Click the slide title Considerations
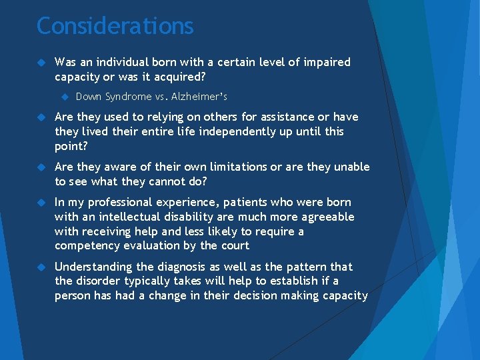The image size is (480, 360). pyautogui.click(x=115, y=26)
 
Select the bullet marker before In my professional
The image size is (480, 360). pyautogui.click(x=42, y=202)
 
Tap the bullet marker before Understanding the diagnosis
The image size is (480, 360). pyautogui.click(x=42, y=267)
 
